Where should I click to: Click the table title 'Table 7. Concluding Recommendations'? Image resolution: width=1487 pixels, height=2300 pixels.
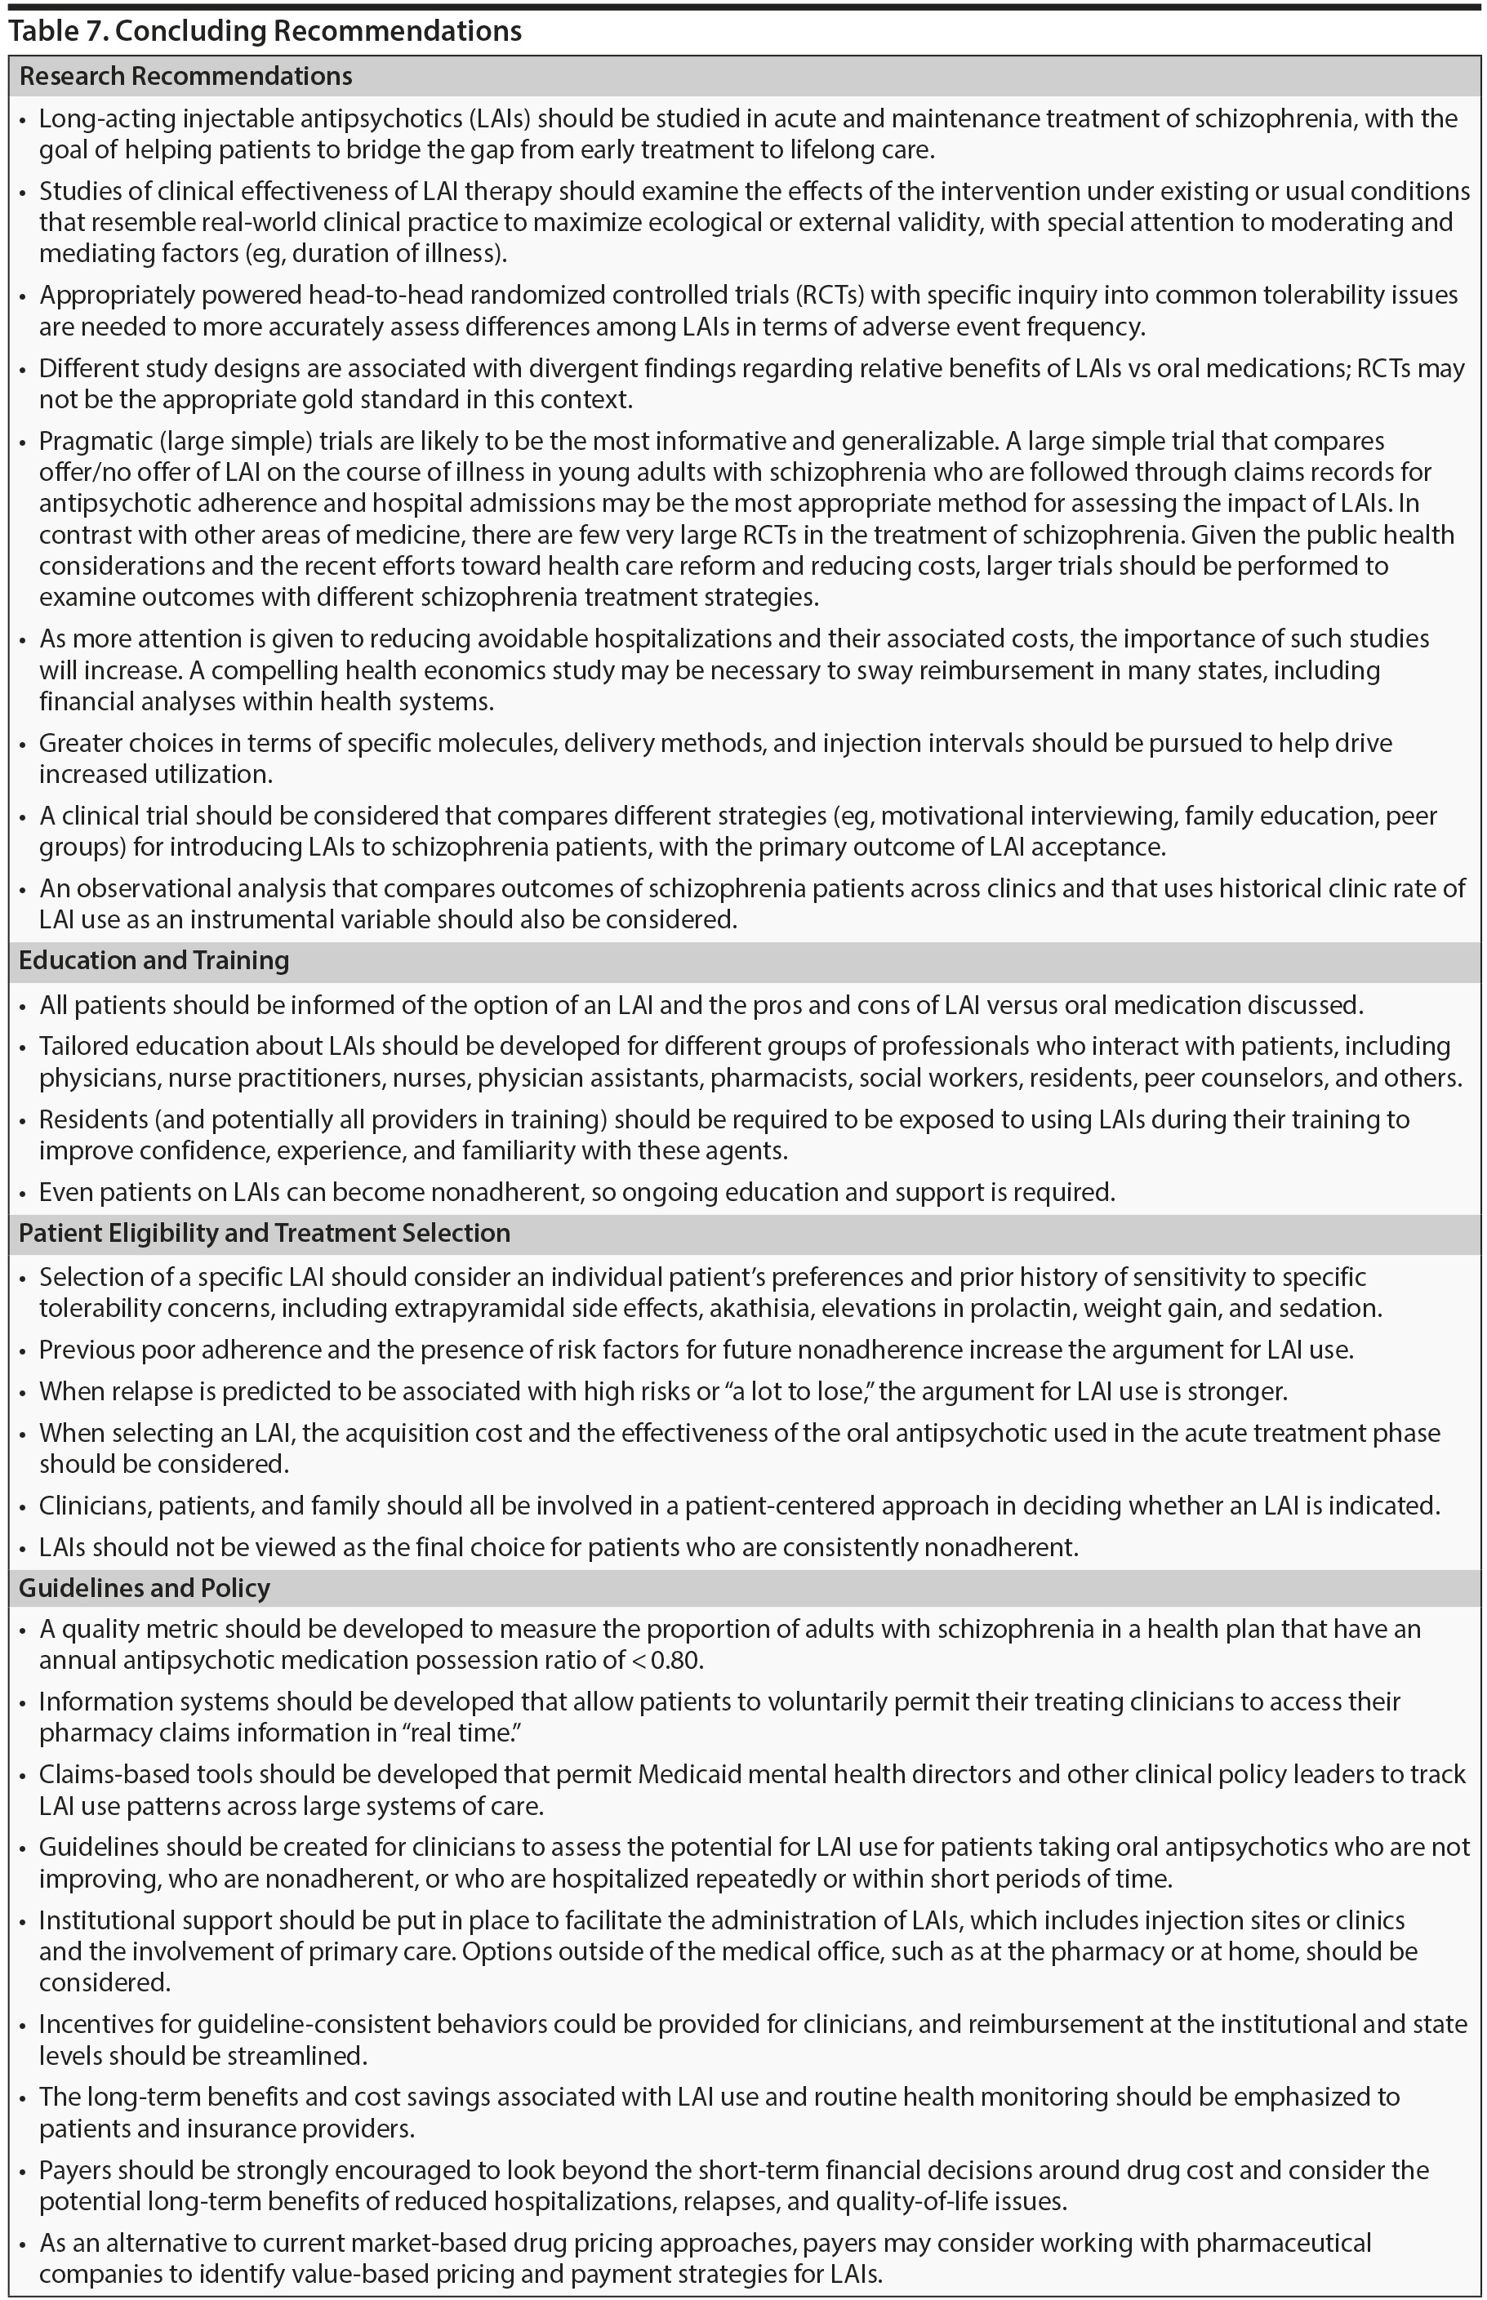pyautogui.click(x=265, y=31)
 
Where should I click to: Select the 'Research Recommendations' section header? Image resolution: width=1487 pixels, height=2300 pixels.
pyautogui.click(x=185, y=76)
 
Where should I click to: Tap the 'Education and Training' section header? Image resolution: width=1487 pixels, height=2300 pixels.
pyautogui.click(x=154, y=960)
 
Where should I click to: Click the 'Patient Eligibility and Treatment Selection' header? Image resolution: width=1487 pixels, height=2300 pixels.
pyautogui.click(x=265, y=1233)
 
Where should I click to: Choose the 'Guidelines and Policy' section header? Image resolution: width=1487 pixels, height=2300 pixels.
pyautogui.click(x=144, y=1588)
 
